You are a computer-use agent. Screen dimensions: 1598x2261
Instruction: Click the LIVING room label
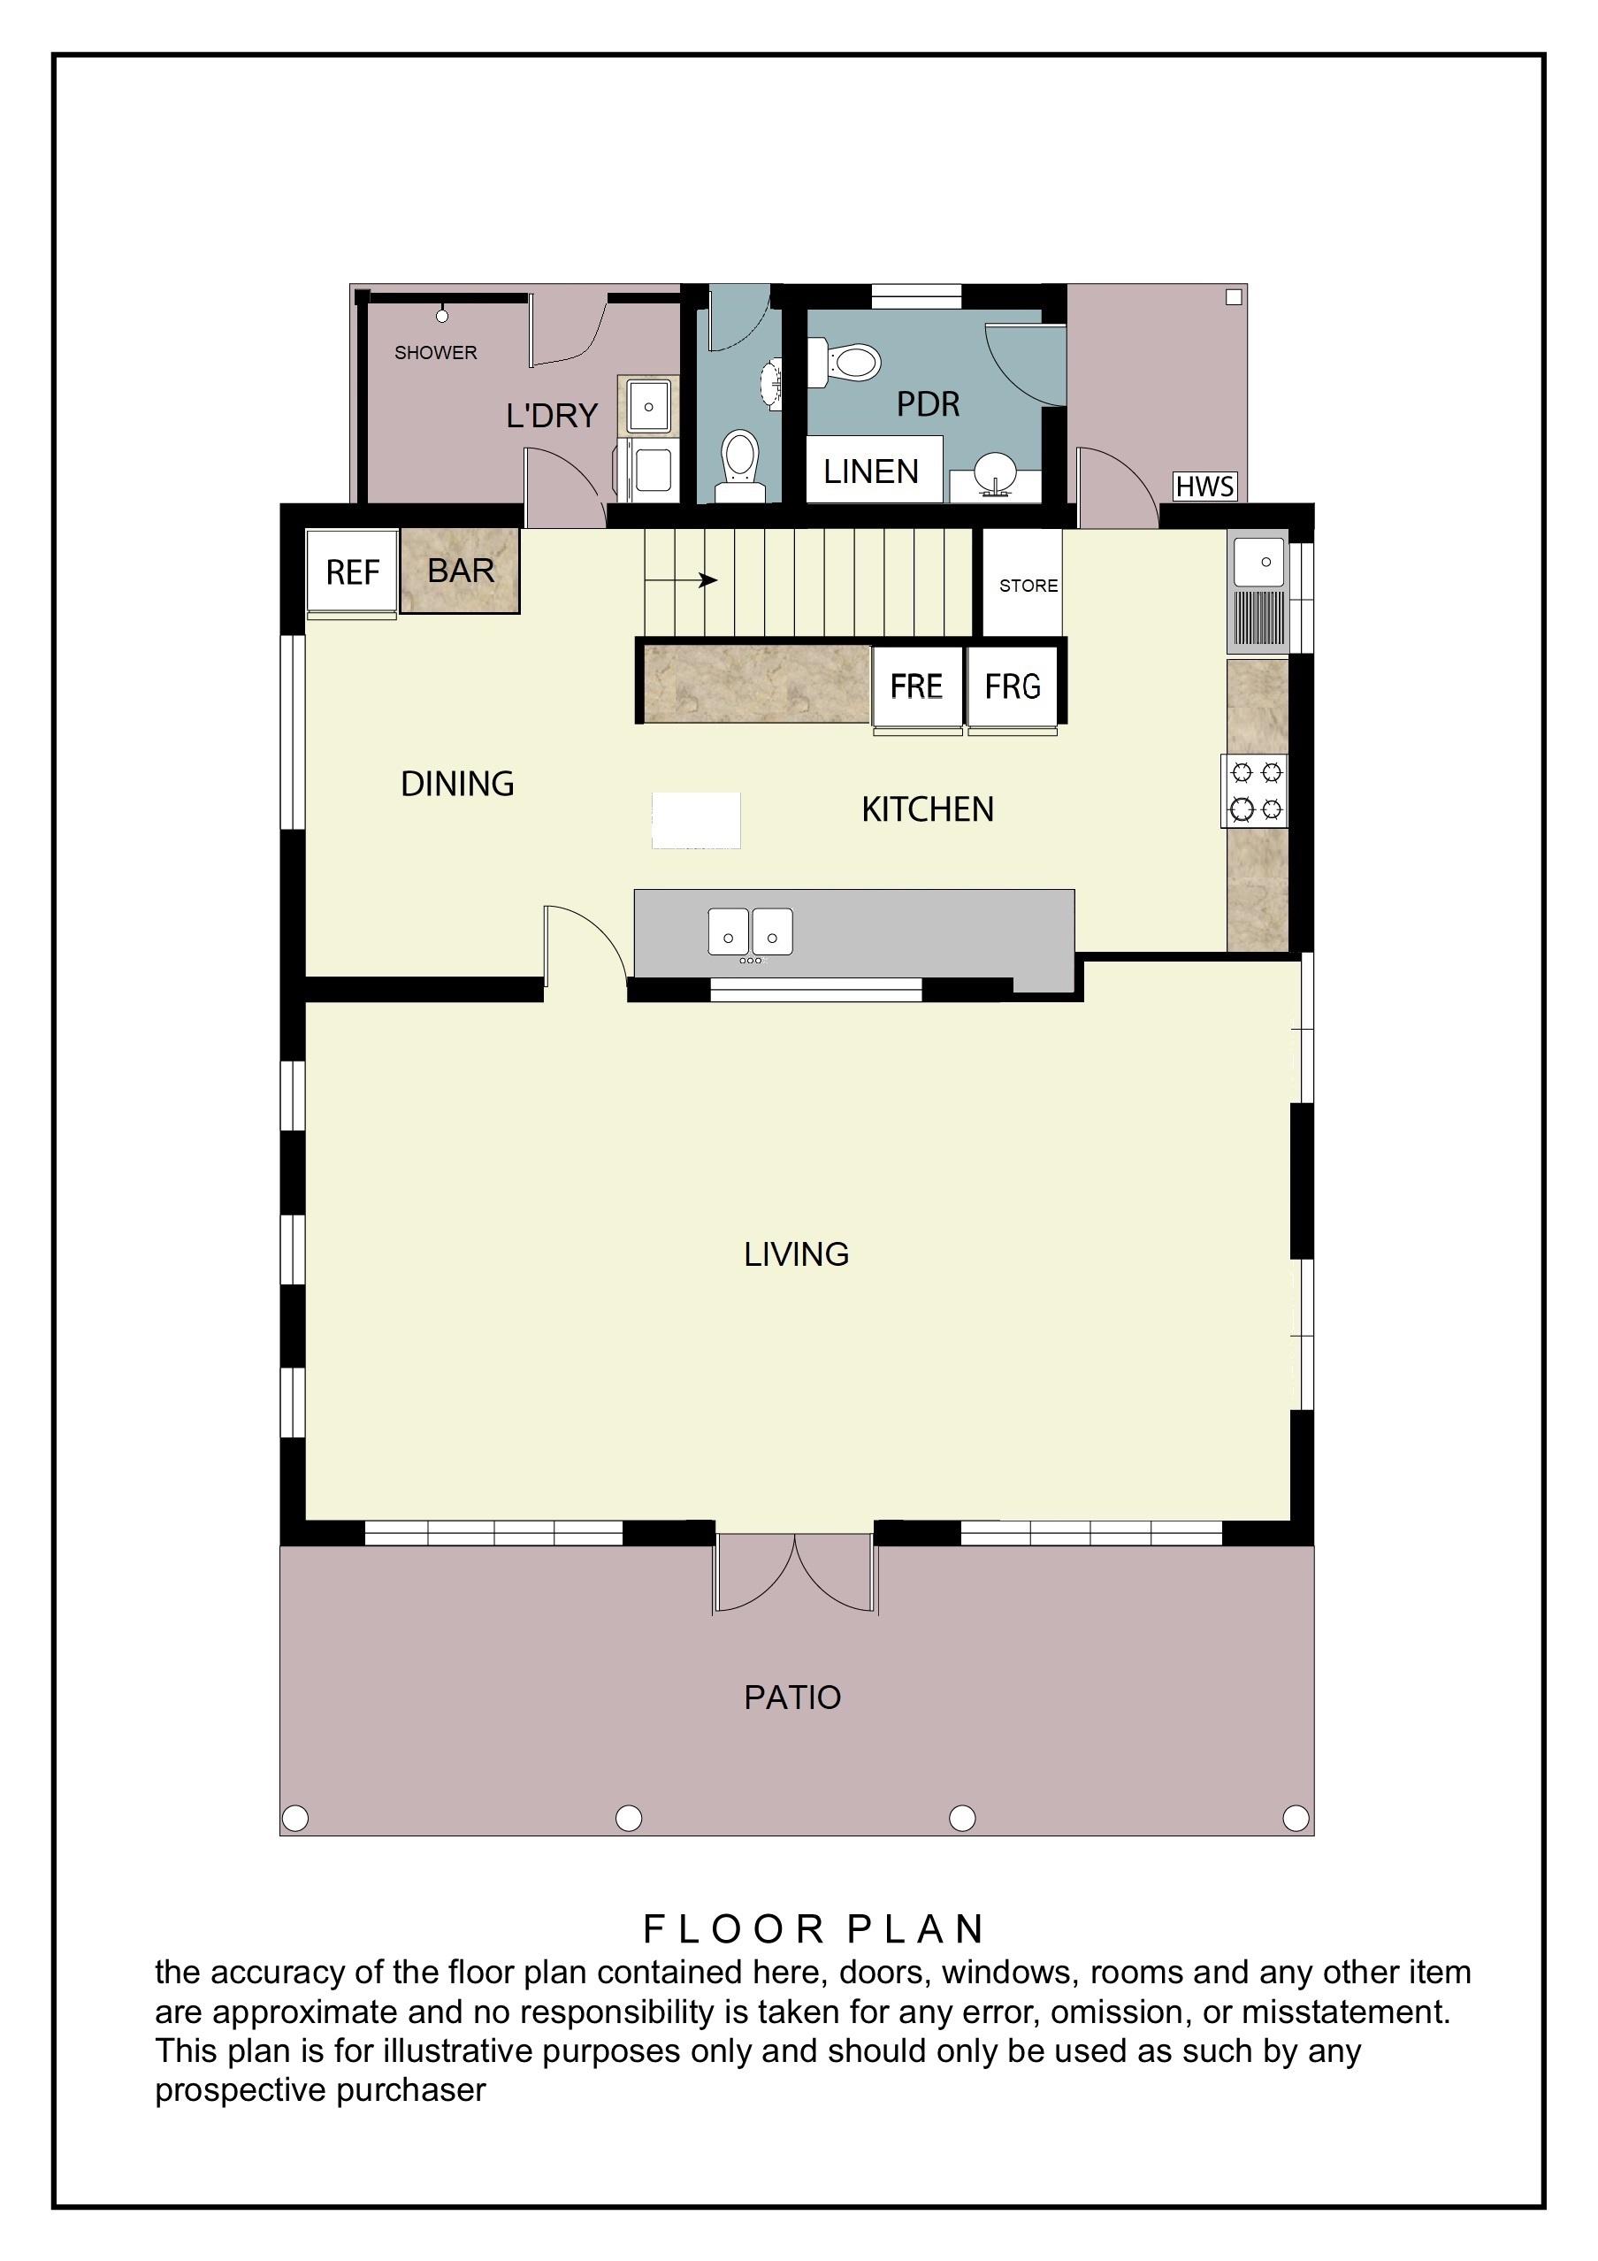(796, 1253)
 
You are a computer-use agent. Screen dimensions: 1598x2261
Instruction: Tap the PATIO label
(792, 1697)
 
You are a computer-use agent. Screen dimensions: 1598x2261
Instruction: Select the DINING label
(457, 784)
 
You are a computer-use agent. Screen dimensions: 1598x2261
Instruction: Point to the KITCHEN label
(928, 809)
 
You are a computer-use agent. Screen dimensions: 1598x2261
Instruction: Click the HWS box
(1205, 487)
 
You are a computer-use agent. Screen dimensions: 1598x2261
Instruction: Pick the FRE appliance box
(917, 686)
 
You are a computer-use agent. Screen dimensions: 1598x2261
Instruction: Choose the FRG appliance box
(1013, 686)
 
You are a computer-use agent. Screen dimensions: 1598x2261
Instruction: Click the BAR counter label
(461, 571)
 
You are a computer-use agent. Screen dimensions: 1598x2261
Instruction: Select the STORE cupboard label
(1028, 586)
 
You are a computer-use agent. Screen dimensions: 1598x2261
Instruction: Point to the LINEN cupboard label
(871, 471)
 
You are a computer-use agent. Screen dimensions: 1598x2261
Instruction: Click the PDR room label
(928, 403)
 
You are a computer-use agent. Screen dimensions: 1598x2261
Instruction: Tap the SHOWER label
(435, 353)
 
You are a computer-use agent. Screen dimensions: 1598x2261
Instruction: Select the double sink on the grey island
(750, 931)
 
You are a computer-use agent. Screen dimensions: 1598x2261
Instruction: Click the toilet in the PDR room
(844, 364)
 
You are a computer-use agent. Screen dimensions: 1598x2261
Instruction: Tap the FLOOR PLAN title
(814, 1930)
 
